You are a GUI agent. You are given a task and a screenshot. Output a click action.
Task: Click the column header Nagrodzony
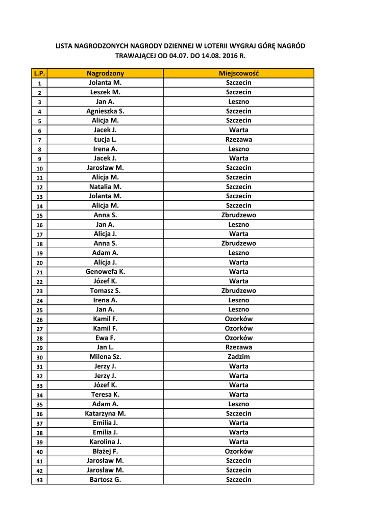[x=105, y=73]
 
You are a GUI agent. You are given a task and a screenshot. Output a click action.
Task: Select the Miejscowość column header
[x=239, y=73]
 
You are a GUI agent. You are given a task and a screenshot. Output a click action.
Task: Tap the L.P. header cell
[x=39, y=73]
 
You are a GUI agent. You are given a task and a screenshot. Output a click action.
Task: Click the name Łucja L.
[x=105, y=139]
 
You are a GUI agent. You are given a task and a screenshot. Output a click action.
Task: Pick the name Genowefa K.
[x=105, y=272]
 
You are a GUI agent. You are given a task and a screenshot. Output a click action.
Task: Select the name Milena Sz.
[x=105, y=357]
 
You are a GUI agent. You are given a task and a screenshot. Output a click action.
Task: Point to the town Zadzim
[x=239, y=357]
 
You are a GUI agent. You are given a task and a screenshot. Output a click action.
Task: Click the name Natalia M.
[x=105, y=187]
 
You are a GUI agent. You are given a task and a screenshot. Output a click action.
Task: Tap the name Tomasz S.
[x=105, y=291]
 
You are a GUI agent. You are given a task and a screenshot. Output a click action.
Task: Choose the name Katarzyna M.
[x=105, y=413]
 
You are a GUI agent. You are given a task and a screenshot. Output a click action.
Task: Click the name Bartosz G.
[x=105, y=480]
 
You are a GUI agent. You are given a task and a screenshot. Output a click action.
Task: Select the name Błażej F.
[x=105, y=451]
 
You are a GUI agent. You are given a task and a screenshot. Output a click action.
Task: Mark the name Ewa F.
[x=105, y=338]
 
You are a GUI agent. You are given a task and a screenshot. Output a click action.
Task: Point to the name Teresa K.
[x=105, y=395]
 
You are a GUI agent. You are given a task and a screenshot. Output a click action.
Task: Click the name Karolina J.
[x=105, y=442]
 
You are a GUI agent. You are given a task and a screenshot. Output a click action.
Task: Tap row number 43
[x=39, y=480]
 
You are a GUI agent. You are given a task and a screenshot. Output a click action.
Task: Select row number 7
[x=39, y=140]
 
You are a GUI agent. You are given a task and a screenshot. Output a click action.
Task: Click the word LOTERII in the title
[x=209, y=46]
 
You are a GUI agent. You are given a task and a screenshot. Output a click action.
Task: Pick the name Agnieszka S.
[x=105, y=111]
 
